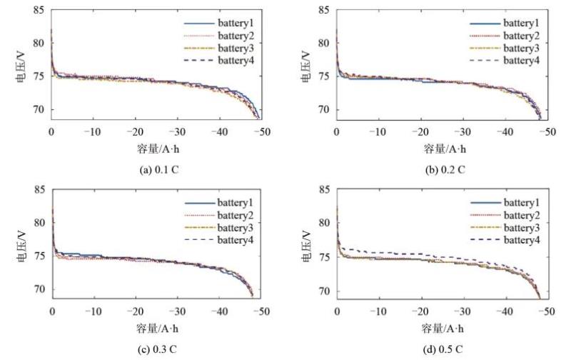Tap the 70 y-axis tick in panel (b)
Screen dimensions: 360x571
coord(323,110)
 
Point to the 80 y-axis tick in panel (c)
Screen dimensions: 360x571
coord(39,223)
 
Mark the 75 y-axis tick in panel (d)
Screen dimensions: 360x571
coord(323,257)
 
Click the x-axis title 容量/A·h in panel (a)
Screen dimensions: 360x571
coord(156,149)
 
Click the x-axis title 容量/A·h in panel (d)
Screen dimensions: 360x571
coord(442,329)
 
